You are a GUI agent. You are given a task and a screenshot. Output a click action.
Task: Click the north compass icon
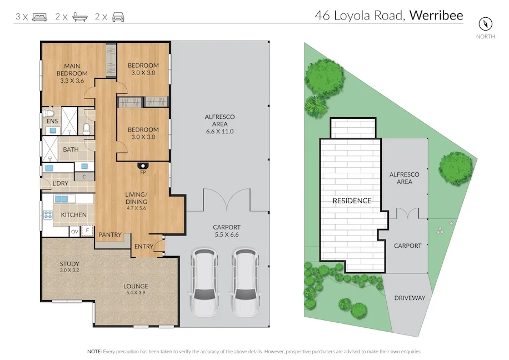[485, 24]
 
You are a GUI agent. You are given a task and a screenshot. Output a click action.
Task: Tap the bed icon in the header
[39, 17]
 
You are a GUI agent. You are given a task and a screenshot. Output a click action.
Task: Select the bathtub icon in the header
[80, 17]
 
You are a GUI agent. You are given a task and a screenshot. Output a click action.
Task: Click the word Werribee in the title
[436, 15]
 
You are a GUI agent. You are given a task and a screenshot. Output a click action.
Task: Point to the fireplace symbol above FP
[142, 166]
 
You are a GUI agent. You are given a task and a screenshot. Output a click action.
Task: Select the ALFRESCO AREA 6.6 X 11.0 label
[219, 124]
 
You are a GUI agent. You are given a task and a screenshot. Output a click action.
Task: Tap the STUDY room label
[69, 264]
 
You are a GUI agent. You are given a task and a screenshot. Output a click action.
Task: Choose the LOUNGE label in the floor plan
[136, 286]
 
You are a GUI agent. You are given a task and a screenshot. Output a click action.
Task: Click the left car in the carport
[204, 283]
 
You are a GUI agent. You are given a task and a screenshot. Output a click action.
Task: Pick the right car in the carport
[246, 283]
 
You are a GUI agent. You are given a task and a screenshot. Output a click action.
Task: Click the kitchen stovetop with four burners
[48, 214]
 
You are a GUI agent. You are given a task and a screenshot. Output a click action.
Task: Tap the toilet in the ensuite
[48, 114]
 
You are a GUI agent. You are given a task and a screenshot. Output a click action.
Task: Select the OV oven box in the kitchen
[74, 232]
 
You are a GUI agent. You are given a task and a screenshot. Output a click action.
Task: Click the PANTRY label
[110, 234]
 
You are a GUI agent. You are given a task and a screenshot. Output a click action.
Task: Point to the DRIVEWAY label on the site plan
[410, 298]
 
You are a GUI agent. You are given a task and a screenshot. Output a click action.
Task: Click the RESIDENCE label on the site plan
[352, 201]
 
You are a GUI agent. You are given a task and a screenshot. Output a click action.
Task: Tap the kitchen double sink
[61, 199]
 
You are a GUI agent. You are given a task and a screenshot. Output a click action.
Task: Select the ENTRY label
[143, 247]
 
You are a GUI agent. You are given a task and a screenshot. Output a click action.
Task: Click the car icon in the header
[118, 17]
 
